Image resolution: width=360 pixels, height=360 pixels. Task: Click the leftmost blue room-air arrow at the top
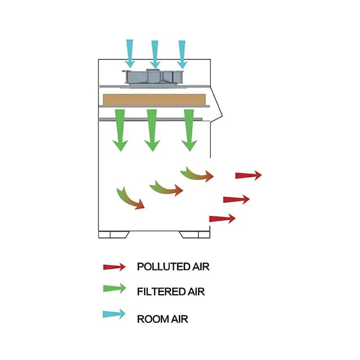tap(130, 52)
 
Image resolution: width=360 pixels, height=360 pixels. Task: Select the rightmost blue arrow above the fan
tap(182, 52)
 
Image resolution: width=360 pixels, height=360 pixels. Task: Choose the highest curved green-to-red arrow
tap(197, 174)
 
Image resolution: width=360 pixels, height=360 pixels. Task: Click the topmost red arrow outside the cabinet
tap(248, 175)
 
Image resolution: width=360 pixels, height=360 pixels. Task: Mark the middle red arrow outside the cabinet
tap(236, 199)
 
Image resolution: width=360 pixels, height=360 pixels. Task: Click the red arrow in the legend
tap(114, 267)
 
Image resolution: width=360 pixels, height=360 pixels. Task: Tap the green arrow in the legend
tap(114, 291)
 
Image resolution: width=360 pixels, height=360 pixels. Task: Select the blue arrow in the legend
tap(114, 314)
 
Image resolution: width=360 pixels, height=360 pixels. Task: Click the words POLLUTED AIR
tap(173, 267)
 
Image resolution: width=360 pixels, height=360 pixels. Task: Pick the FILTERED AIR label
tap(170, 292)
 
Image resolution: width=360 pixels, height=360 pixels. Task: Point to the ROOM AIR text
tap(163, 319)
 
